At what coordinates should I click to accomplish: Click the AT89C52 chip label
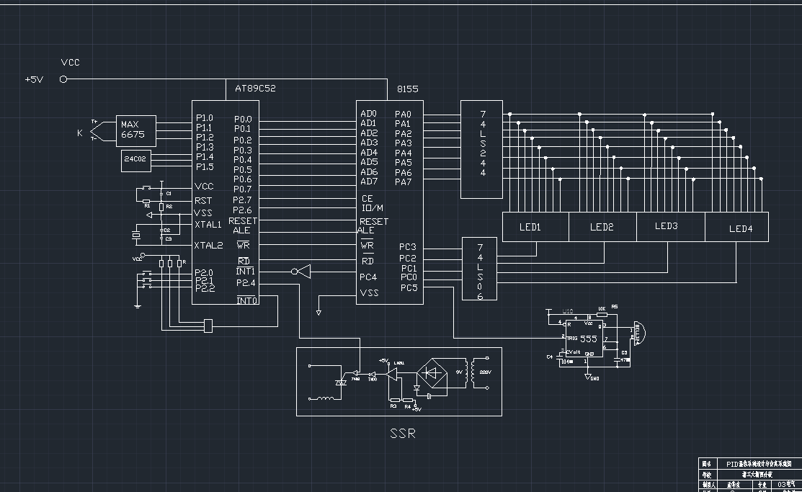pyautogui.click(x=255, y=89)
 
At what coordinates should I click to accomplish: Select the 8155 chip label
pyautogui.click(x=407, y=89)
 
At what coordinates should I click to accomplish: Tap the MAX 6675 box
pyautogui.click(x=133, y=130)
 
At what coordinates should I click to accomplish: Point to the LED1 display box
pyautogui.click(x=530, y=227)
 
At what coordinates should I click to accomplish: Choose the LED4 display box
pyautogui.click(x=740, y=228)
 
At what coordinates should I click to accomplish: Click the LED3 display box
pyautogui.click(x=666, y=226)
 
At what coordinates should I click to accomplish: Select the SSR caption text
pyautogui.click(x=403, y=434)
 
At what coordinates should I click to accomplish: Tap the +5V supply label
pyautogui.click(x=34, y=79)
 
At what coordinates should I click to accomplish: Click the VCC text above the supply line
pyautogui.click(x=71, y=63)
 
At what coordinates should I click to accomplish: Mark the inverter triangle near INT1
pyautogui.click(x=302, y=272)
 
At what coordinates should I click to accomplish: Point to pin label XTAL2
pyautogui.click(x=208, y=245)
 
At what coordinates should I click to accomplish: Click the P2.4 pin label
pyautogui.click(x=245, y=283)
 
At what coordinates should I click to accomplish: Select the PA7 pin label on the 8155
pyautogui.click(x=403, y=182)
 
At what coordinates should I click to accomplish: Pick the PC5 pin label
pyautogui.click(x=409, y=288)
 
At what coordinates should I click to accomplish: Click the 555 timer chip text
pyautogui.click(x=589, y=338)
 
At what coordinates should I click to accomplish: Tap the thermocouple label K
pyautogui.click(x=80, y=133)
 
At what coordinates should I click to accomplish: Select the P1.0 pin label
pyautogui.click(x=204, y=117)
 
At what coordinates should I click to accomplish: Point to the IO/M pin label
pyautogui.click(x=373, y=208)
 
